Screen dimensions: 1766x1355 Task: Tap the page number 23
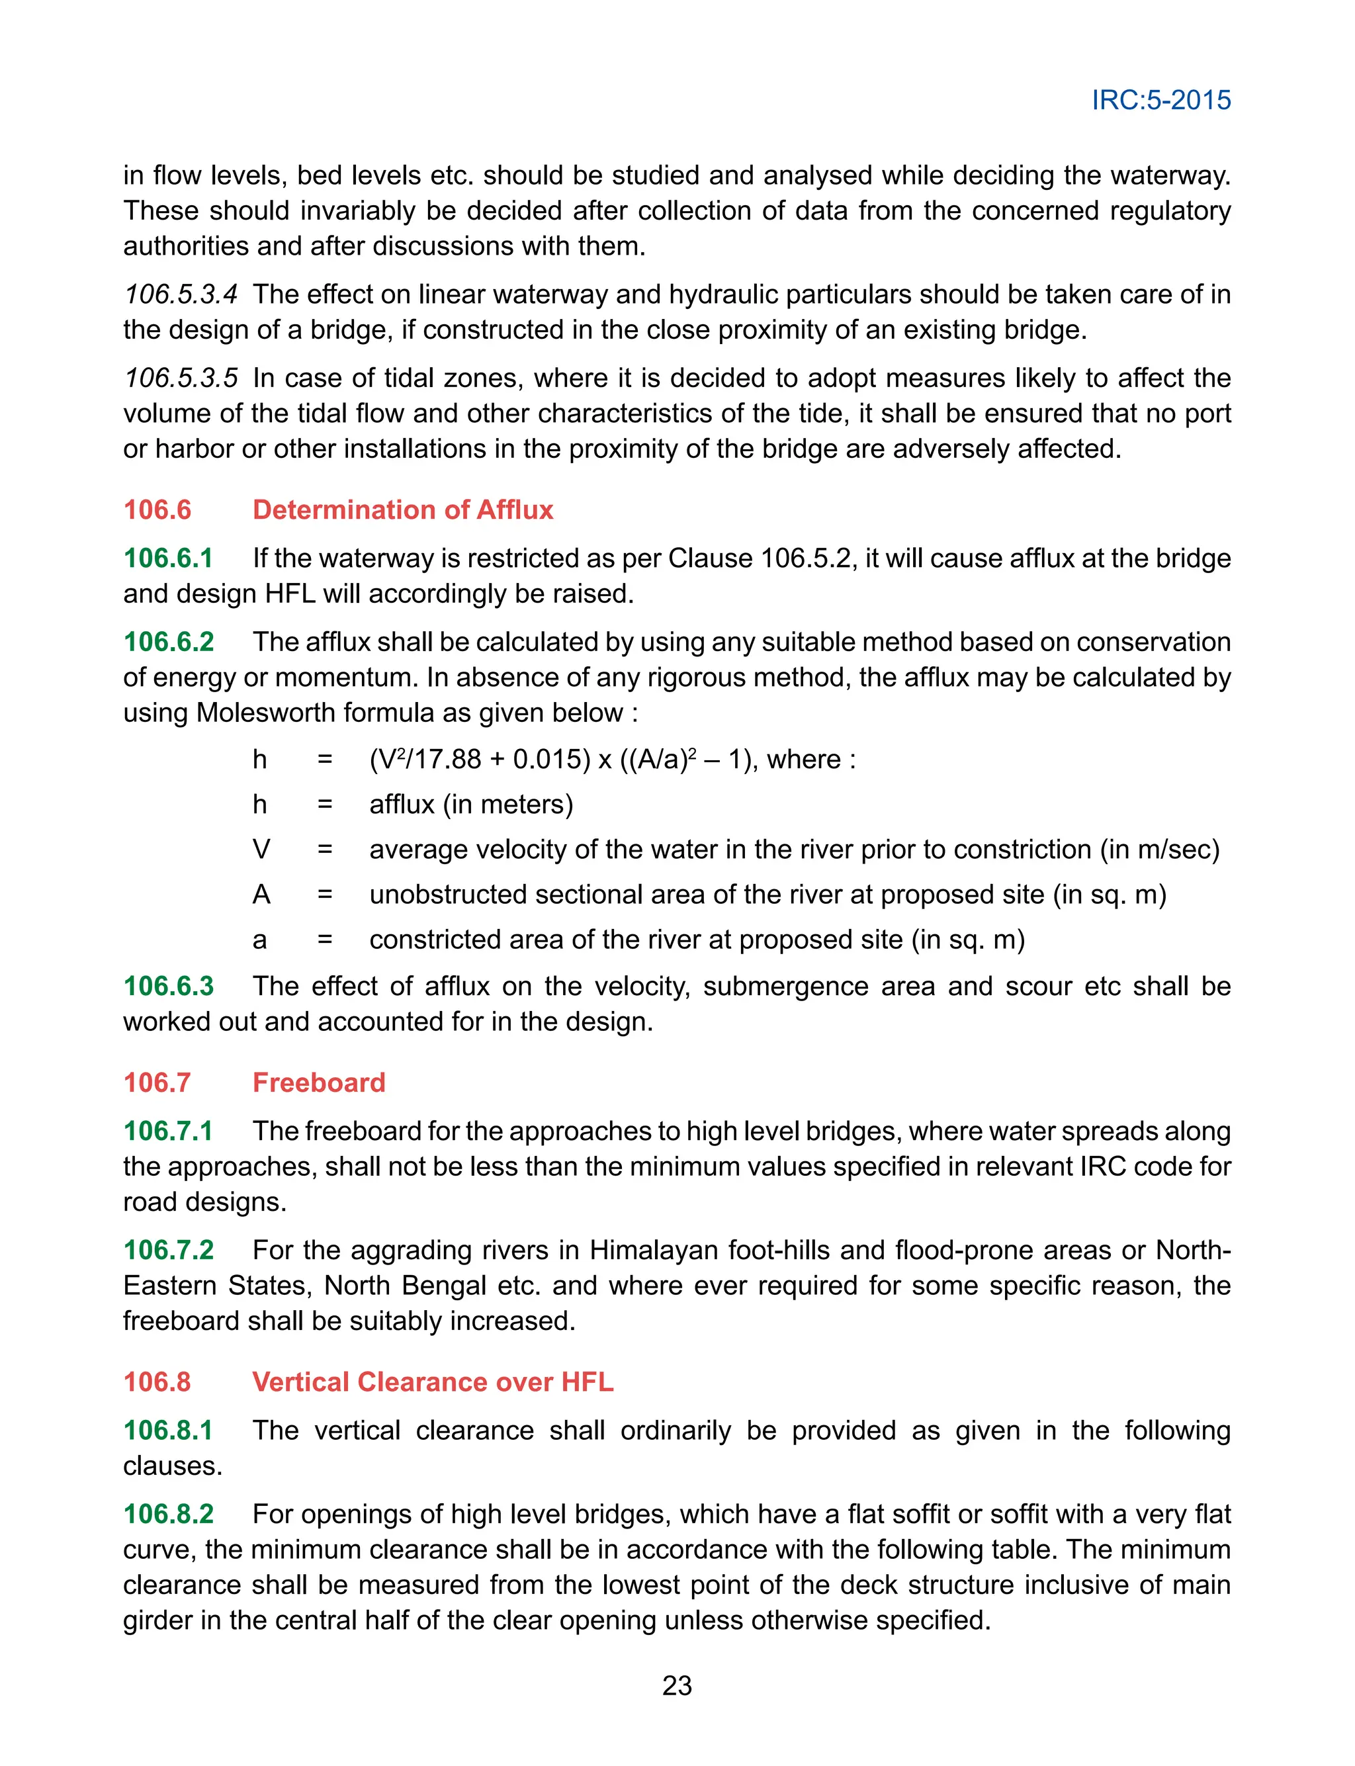(x=677, y=1685)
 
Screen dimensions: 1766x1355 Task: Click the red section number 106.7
(x=157, y=1082)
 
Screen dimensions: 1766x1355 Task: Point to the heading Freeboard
(x=319, y=1082)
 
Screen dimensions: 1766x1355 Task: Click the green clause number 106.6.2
(x=169, y=642)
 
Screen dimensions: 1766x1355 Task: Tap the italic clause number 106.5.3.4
(x=180, y=294)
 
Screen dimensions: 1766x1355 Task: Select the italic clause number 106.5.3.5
(x=180, y=378)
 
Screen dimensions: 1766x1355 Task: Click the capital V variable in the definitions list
(x=261, y=849)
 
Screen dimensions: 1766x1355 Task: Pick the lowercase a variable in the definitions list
(x=259, y=940)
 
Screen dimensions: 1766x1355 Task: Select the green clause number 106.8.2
(x=169, y=1514)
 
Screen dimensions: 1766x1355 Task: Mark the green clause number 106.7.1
(x=168, y=1131)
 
